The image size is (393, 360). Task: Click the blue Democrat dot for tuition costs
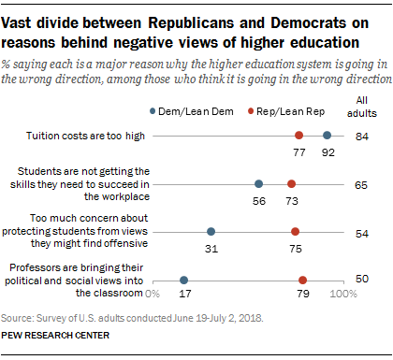(x=327, y=136)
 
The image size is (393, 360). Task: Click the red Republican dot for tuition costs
(x=298, y=136)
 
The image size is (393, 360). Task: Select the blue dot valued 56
(x=258, y=183)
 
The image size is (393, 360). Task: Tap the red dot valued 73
(x=291, y=183)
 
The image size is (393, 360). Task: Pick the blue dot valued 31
(x=211, y=231)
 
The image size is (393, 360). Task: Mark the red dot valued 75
(x=295, y=231)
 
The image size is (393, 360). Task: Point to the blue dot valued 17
(x=183, y=279)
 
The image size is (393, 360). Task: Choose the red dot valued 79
(x=302, y=279)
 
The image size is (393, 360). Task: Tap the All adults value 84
(x=364, y=136)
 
